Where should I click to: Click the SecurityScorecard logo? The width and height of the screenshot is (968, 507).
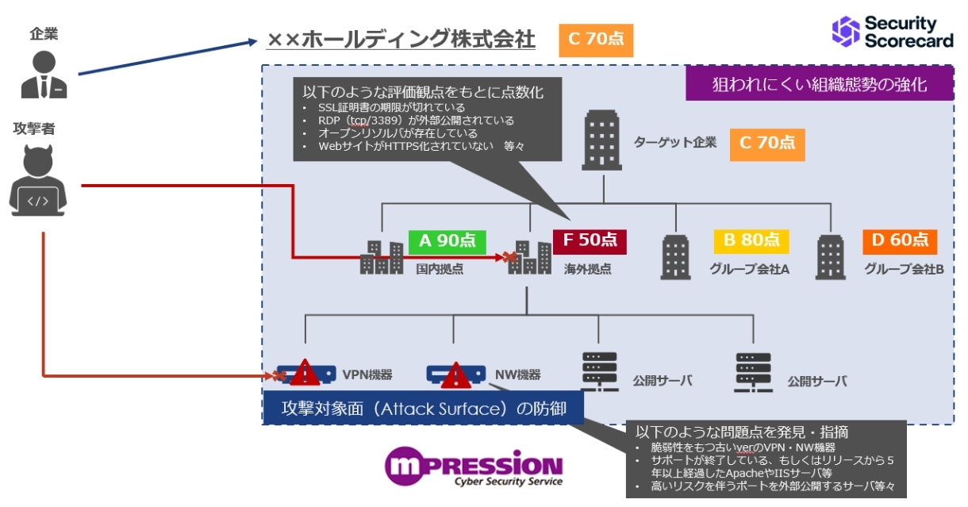pyautogui.click(x=893, y=32)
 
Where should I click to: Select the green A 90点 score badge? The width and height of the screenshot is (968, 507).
pyautogui.click(x=446, y=240)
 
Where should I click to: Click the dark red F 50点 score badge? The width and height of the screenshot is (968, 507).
pyautogui.click(x=590, y=240)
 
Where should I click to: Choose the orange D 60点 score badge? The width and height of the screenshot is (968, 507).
pyautogui.click(x=900, y=240)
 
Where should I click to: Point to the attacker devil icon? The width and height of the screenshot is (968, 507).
pyautogui.click(x=38, y=182)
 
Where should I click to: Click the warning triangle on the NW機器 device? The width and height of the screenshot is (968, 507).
pyautogui.click(x=455, y=374)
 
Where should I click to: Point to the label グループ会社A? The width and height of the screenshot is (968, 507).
pyautogui.click(x=749, y=269)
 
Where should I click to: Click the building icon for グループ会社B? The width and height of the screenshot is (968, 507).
pyautogui.click(x=830, y=257)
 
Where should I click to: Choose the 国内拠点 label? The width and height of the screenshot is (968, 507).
pyautogui.click(x=440, y=269)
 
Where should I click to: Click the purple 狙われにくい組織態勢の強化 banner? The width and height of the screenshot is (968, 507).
pyautogui.click(x=819, y=84)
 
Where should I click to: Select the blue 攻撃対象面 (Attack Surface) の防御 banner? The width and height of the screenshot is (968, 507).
pyautogui.click(x=424, y=409)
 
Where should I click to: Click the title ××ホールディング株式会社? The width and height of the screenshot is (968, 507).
pyautogui.click(x=401, y=40)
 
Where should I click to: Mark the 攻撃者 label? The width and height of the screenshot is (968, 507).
pyautogui.click(x=34, y=127)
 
